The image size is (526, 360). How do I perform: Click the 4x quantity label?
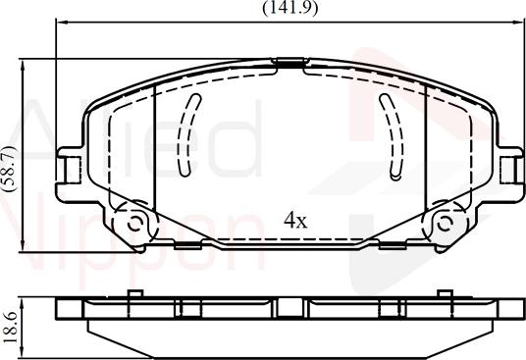294,220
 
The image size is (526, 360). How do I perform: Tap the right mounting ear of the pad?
510,167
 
